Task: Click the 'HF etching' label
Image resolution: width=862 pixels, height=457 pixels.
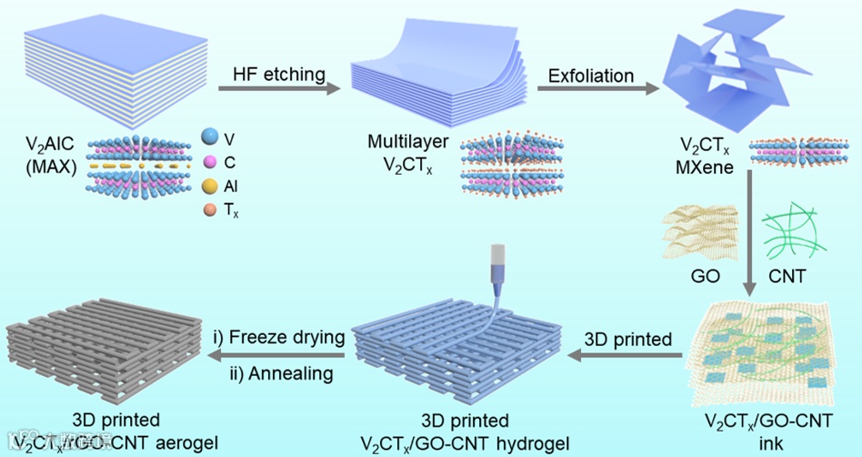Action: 272,71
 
